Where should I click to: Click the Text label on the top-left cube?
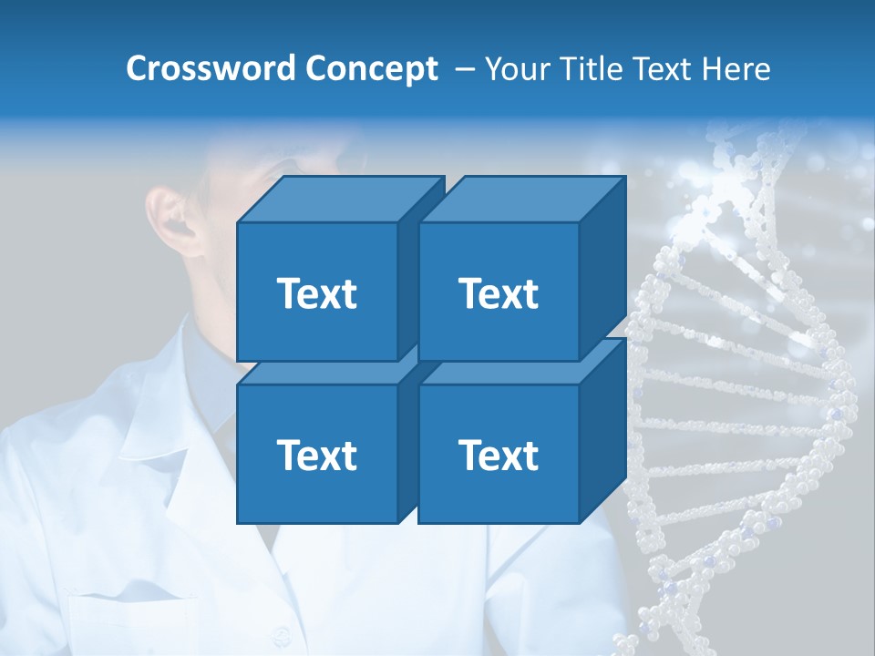pos(316,293)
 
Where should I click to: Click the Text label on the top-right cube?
pos(498,293)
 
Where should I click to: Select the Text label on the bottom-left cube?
pos(316,455)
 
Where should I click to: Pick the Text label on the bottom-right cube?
pos(498,455)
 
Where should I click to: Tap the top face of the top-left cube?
pos(341,200)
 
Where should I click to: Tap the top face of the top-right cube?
pos(522,200)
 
